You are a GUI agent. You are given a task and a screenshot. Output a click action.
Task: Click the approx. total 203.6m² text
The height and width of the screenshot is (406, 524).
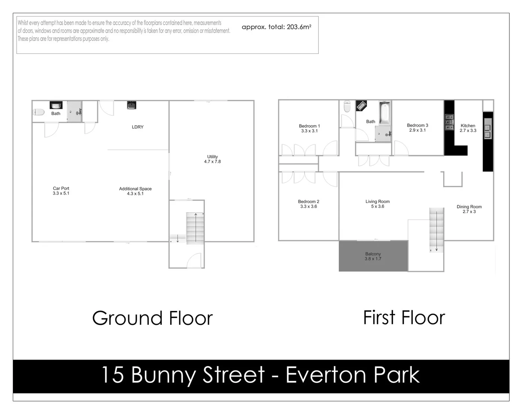tap(276, 27)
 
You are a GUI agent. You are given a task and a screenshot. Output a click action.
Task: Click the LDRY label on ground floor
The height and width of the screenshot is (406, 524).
tap(138, 127)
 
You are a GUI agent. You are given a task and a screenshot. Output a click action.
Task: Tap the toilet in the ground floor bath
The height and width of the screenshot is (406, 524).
tap(39, 112)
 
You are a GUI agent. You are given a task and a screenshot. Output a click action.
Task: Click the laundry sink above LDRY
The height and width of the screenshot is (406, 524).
tap(131, 105)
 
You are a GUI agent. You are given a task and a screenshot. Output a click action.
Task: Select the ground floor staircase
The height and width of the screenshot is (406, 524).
tap(195, 228)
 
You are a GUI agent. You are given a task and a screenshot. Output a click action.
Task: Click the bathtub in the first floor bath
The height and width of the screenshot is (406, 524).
tap(385, 113)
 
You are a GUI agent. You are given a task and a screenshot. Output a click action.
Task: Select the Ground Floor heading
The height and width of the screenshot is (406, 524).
tap(152, 318)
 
